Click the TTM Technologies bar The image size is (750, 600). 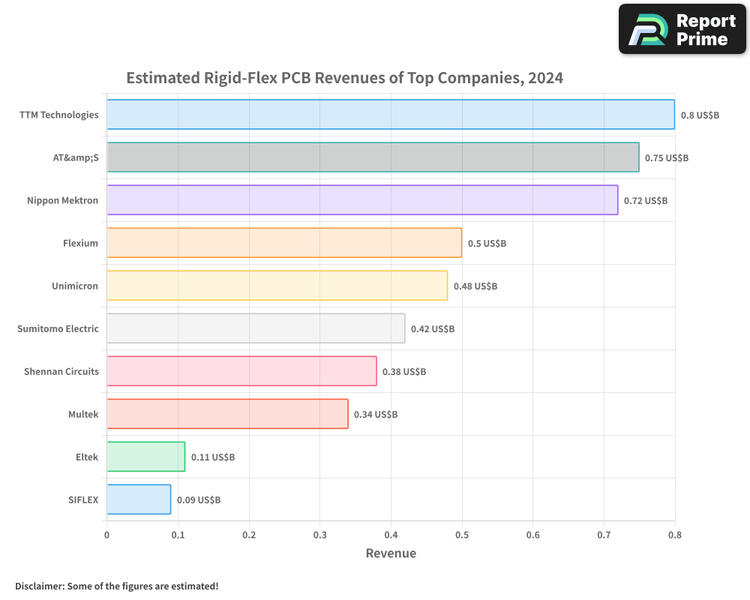(391, 114)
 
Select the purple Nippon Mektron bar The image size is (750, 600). (362, 200)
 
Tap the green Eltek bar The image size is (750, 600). (146, 457)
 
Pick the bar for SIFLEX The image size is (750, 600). (139, 499)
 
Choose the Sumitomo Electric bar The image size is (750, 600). (256, 328)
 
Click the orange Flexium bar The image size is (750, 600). (284, 242)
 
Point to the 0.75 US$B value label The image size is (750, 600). (667, 158)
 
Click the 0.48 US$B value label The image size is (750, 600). (475, 286)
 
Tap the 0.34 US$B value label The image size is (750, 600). (376, 414)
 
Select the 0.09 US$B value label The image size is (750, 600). (199, 500)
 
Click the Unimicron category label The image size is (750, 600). (74, 286)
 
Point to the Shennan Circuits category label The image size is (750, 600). (61, 371)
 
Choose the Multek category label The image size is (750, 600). (83, 414)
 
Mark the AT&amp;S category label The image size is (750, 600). (76, 157)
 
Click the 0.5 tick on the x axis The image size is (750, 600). (462, 535)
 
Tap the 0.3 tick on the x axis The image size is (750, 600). (320, 535)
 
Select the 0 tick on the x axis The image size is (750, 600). (106, 535)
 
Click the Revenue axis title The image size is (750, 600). (391, 553)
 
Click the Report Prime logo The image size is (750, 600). (682, 29)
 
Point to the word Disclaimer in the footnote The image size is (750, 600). (40, 586)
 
